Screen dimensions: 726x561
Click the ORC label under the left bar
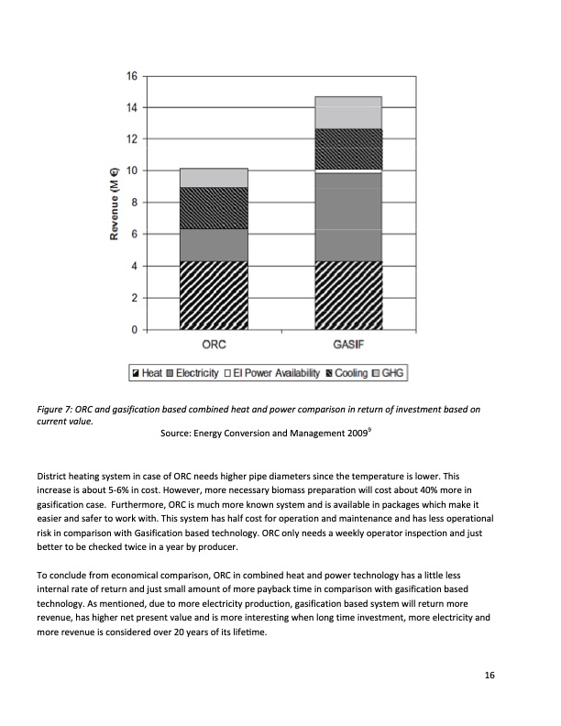(214, 346)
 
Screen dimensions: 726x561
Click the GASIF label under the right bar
(348, 346)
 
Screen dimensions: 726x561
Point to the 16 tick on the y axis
(131, 76)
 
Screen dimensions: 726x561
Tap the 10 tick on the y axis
(131, 170)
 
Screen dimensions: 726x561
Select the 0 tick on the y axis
(134, 329)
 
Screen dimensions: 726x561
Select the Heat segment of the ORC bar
(214, 295)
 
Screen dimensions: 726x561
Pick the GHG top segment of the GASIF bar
(348, 112)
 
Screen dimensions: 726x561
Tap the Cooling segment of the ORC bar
(214, 208)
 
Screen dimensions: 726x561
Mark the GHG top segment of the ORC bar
(214, 178)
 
